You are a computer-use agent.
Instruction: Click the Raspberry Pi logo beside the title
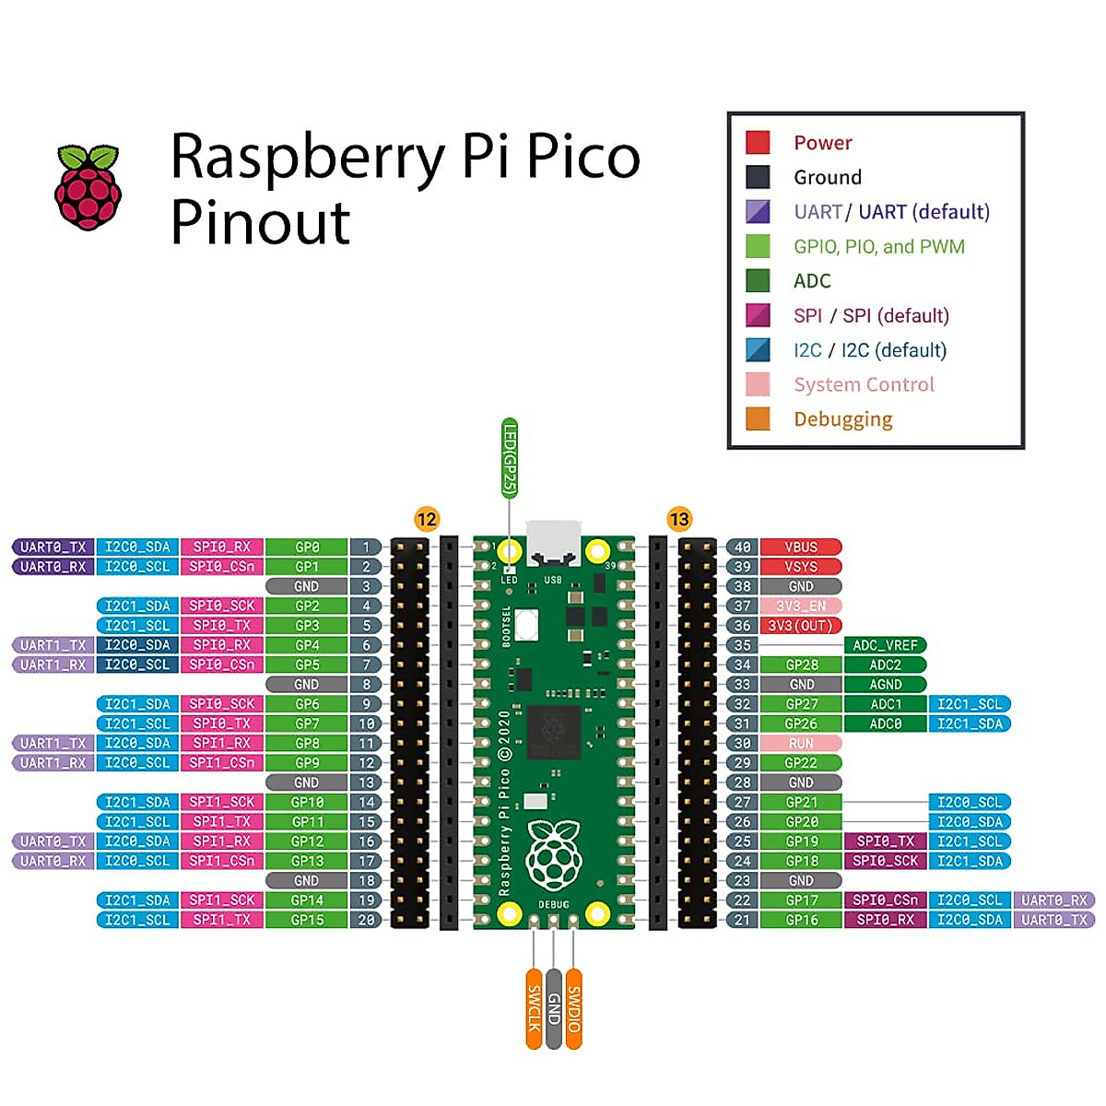[88, 187]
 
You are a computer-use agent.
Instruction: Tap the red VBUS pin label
[800, 547]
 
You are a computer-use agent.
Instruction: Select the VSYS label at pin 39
[800, 567]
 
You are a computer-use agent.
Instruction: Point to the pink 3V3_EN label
[800, 606]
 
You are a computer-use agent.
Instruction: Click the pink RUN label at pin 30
[800, 743]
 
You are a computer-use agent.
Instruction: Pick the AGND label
[885, 685]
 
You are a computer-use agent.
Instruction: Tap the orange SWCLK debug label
[534, 1008]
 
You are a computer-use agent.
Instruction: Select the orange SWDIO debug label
[573, 1008]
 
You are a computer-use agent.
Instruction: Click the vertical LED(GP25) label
[509, 458]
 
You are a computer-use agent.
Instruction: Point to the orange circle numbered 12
[426, 519]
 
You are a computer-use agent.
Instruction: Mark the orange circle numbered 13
[679, 519]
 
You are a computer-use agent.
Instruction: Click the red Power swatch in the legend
[758, 142]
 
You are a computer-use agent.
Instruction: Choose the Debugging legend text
[842, 419]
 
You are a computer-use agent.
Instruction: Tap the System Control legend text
[864, 384]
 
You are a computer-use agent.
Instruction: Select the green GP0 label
[306, 547]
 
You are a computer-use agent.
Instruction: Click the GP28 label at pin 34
[801, 665]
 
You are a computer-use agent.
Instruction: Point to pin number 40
[742, 547]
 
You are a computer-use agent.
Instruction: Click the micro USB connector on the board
[553, 542]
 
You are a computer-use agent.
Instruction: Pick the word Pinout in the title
[261, 222]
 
